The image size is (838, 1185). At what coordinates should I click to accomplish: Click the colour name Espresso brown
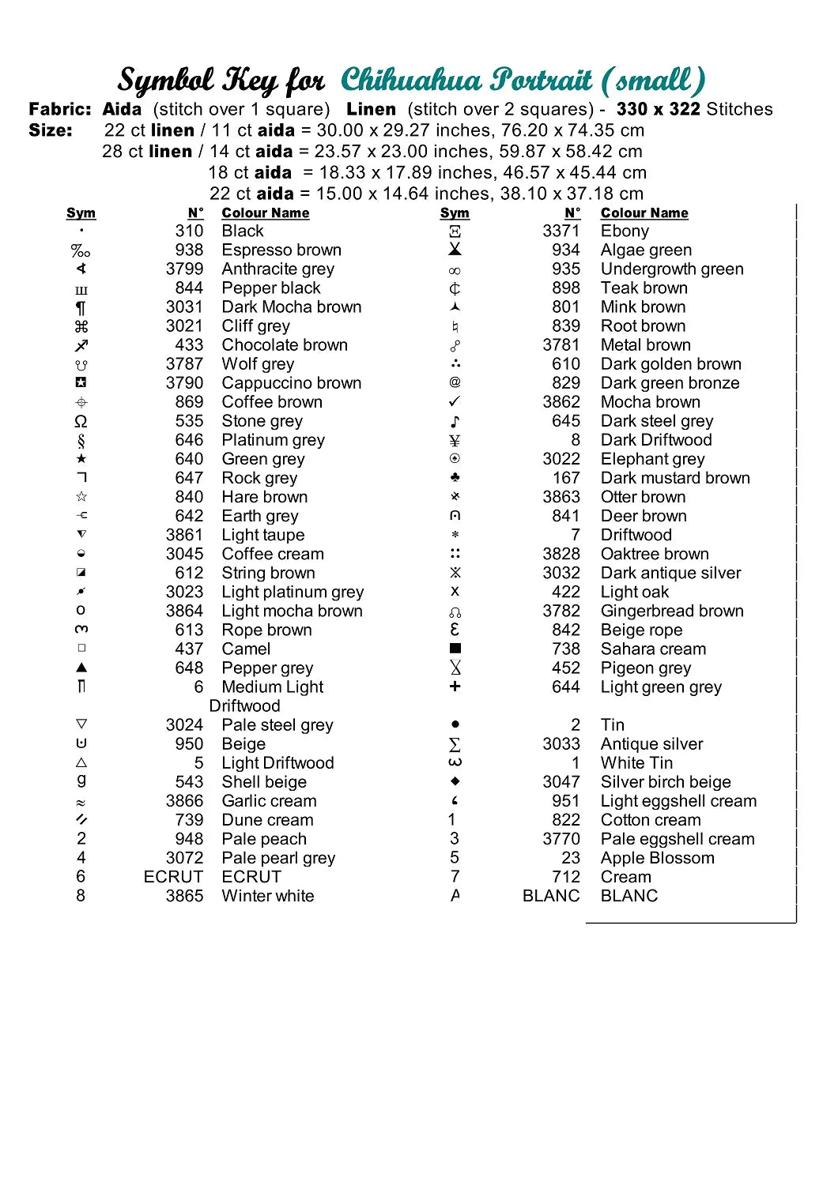click(281, 250)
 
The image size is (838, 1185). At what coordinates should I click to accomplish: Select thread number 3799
click(184, 269)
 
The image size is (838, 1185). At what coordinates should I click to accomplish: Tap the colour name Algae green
click(646, 250)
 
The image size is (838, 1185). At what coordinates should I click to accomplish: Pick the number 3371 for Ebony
click(561, 231)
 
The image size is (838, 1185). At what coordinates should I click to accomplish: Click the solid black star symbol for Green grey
click(81, 459)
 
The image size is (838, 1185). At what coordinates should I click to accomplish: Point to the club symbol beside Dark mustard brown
click(455, 478)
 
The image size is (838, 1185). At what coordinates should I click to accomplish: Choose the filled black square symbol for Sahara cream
click(455, 649)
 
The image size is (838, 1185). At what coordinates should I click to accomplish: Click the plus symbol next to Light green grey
click(455, 687)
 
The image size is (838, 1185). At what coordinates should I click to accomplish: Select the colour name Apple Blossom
click(657, 858)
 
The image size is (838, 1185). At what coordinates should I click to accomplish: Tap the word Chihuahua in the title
click(410, 80)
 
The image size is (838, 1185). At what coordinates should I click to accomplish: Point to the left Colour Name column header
click(265, 213)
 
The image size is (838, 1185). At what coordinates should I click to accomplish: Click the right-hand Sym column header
click(455, 213)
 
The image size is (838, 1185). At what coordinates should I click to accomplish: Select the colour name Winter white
click(267, 896)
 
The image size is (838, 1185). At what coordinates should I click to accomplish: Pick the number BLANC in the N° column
click(551, 896)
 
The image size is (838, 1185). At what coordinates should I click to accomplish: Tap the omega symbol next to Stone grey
click(81, 421)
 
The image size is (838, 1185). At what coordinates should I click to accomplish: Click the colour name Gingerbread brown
click(672, 611)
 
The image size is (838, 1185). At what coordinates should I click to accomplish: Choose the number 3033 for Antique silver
click(561, 744)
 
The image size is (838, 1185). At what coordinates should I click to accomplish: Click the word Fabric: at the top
click(60, 109)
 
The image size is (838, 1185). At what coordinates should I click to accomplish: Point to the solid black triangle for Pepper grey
click(81, 668)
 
